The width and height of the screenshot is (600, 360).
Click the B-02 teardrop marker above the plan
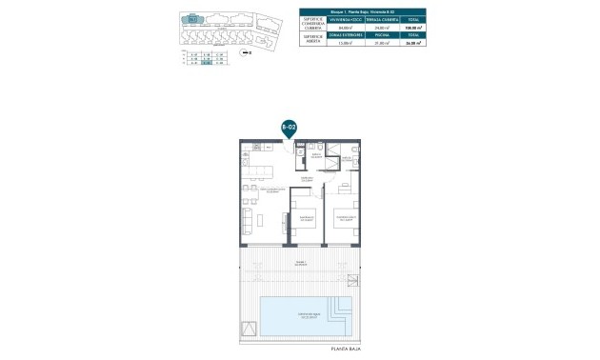290,127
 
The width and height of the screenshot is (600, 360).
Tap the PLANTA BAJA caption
346,350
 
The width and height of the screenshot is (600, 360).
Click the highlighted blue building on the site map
193,18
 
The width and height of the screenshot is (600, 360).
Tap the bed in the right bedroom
347,216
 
